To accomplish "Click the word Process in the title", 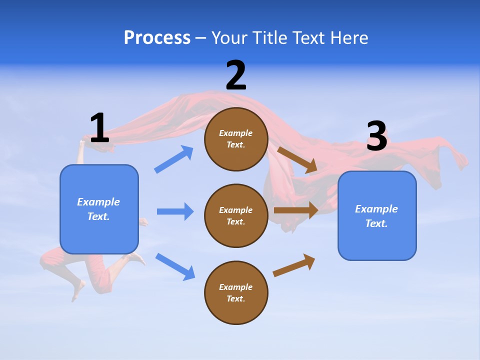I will click(x=157, y=37).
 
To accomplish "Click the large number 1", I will click(x=99, y=128).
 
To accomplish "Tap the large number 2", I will click(x=236, y=75).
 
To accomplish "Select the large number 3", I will click(x=376, y=136).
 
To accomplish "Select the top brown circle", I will click(x=236, y=139).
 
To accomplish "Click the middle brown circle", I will click(x=236, y=216).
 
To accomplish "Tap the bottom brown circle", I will click(x=236, y=293).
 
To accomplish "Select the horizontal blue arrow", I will click(x=175, y=211).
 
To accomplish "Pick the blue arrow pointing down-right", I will click(x=175, y=266).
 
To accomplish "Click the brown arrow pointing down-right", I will click(x=297, y=159).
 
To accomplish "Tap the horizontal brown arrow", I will click(x=296, y=210).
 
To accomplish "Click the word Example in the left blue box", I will click(x=98, y=202).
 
